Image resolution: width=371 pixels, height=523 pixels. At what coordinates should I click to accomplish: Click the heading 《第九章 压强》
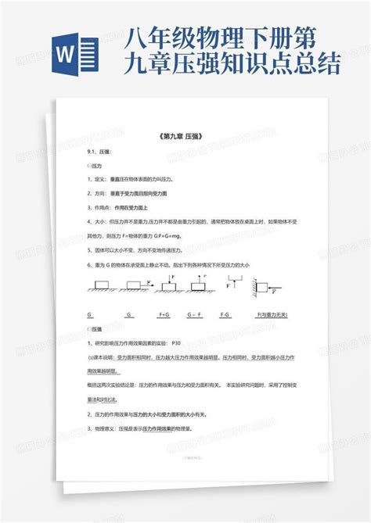point(185,136)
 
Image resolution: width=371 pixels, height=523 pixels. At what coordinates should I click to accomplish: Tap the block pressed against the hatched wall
point(262,288)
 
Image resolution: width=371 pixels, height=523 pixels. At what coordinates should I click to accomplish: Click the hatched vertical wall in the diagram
point(254,288)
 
